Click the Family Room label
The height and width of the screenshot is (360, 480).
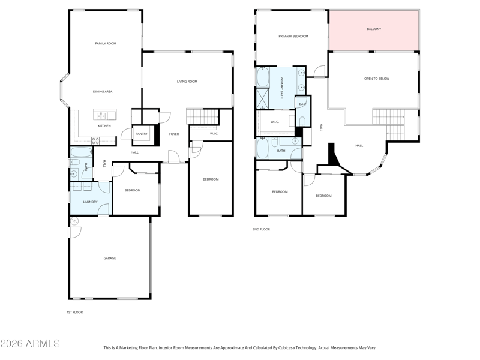[x=106, y=43]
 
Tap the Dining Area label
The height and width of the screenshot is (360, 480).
[x=103, y=92]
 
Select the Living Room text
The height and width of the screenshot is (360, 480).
[x=187, y=82]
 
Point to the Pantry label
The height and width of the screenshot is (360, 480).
[x=142, y=134]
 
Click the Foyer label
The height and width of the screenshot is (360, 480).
[x=174, y=134]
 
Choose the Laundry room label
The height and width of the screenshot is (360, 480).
[x=91, y=202]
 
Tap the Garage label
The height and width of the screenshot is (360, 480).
[x=110, y=259]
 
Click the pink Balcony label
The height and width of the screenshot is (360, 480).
[x=374, y=29]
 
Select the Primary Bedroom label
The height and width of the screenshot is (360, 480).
[x=293, y=37]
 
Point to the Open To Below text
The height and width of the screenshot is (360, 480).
[x=377, y=79]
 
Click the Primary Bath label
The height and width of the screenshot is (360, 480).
[x=281, y=88]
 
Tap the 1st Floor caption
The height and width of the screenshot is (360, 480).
[x=74, y=312]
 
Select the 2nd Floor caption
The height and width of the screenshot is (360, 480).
[x=261, y=229]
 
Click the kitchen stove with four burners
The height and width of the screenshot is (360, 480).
[x=95, y=141]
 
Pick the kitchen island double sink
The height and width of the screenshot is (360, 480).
[x=101, y=116]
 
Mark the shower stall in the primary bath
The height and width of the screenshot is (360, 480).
[x=262, y=98]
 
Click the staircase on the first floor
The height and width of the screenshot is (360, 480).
[x=202, y=116]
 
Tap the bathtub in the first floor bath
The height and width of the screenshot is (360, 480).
[x=82, y=152]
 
